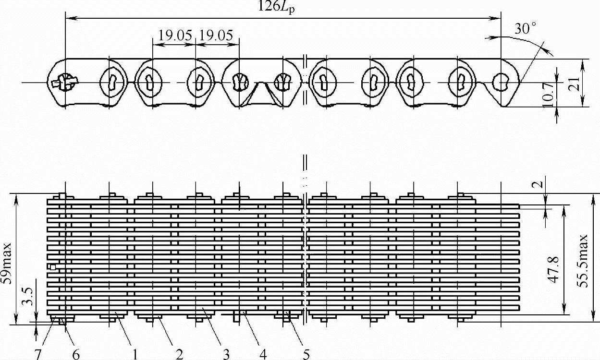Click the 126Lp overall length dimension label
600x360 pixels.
click(276, 7)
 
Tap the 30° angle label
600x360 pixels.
click(525, 29)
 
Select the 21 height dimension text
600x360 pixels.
click(573, 84)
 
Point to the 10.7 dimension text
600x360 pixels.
click(548, 95)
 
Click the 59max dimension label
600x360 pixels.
click(6, 263)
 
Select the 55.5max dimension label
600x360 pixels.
click(582, 261)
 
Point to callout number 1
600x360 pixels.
click(135, 354)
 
